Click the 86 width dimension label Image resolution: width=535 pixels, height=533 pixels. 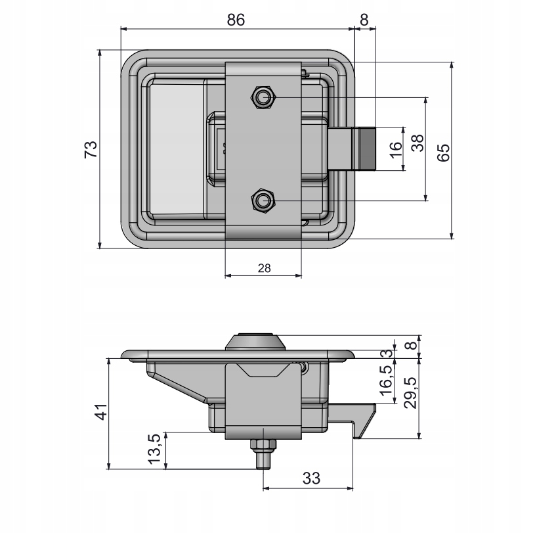tap(236, 20)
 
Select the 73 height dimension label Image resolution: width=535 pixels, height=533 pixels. tap(91, 149)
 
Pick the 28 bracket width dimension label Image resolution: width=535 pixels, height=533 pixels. tap(264, 267)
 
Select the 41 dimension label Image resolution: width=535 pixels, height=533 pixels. tap(99, 415)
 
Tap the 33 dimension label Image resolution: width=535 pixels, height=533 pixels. tap(311, 478)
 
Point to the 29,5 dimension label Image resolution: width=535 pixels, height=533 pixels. tap(410, 393)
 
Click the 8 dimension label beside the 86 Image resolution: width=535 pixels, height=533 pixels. tap(364, 20)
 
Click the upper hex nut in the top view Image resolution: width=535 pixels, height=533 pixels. tap(263, 98)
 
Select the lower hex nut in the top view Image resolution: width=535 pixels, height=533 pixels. tap(263, 200)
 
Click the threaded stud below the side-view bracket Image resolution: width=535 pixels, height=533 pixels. tap(264, 453)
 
